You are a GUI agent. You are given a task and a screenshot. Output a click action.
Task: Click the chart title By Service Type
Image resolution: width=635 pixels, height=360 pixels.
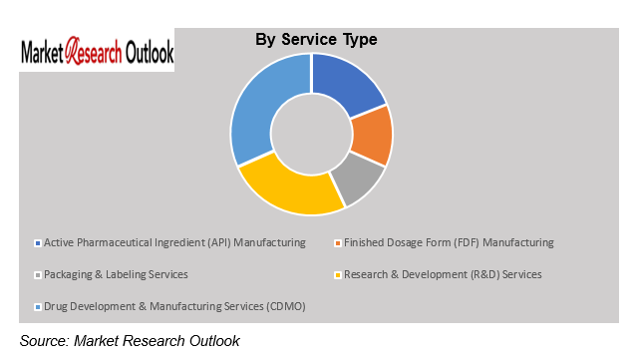[x=316, y=40]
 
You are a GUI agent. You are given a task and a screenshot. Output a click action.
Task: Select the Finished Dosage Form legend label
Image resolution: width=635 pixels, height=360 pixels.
[x=449, y=242]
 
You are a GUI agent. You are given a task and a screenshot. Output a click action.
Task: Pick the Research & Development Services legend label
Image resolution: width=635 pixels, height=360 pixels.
[x=443, y=274]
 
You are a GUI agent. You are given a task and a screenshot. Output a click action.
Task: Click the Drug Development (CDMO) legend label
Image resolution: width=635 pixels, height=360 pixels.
[x=174, y=306]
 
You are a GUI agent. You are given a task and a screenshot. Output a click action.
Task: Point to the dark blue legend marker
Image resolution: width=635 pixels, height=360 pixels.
[x=38, y=243]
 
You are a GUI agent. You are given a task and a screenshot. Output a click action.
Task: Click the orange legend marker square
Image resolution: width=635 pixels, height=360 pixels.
[x=338, y=243]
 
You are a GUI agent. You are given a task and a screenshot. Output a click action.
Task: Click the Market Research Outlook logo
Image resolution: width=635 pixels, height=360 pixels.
[x=98, y=51]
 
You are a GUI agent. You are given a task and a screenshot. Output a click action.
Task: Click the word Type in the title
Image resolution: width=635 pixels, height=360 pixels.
[x=358, y=40]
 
